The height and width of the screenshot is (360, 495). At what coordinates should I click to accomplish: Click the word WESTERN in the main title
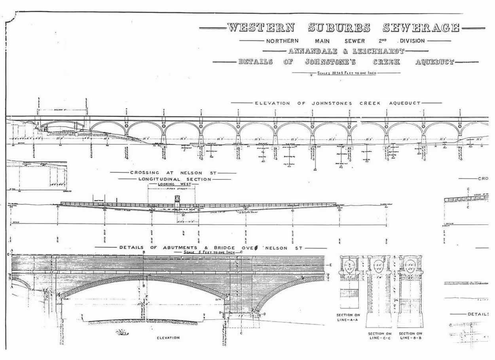[x=261, y=28]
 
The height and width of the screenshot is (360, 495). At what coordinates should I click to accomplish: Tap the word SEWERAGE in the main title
[x=421, y=28]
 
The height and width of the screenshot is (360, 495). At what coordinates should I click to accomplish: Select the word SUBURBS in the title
[x=339, y=28]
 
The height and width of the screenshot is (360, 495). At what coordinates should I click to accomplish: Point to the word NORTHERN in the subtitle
[x=283, y=41]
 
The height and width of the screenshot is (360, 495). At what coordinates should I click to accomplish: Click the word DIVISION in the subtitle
[x=412, y=41]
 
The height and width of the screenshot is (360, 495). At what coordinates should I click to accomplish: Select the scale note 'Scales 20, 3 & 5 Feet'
[x=346, y=73]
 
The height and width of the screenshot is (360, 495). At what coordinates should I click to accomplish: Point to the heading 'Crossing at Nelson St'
[x=173, y=173]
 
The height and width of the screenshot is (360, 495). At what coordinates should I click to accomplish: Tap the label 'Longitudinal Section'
[x=174, y=179]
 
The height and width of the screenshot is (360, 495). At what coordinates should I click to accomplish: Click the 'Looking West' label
[x=174, y=184]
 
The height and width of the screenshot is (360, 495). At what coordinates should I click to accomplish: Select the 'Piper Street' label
[x=172, y=189]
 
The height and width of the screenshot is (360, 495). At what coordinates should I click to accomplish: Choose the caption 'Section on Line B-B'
[x=410, y=335]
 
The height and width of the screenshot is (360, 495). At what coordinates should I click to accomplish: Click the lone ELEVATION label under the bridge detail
[x=168, y=338]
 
